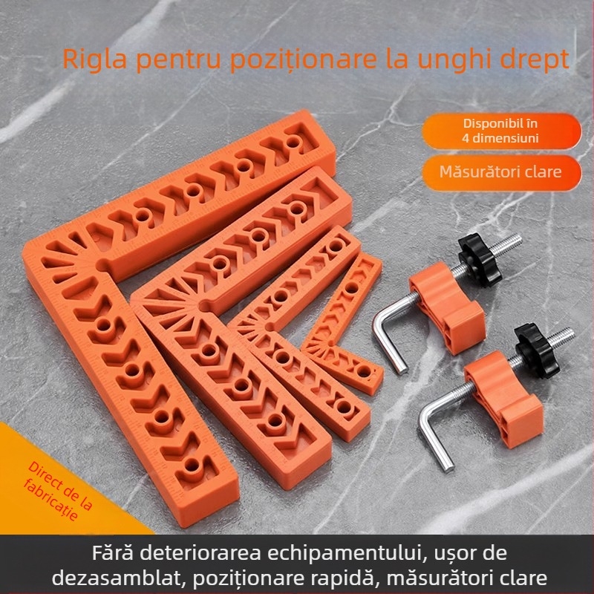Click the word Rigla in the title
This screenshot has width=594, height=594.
pos(94,59)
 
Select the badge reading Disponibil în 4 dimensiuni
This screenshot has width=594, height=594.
pos(501,131)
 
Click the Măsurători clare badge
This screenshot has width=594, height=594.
pos(501,172)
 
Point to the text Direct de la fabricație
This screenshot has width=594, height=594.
pos(58,491)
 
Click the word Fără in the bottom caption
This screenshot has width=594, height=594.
pos(113,553)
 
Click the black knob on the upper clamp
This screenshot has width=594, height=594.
pos(480,259)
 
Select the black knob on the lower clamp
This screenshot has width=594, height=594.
pos(536,350)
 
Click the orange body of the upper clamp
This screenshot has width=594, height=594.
pos(446,307)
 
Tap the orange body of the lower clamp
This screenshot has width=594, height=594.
pos(503,398)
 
